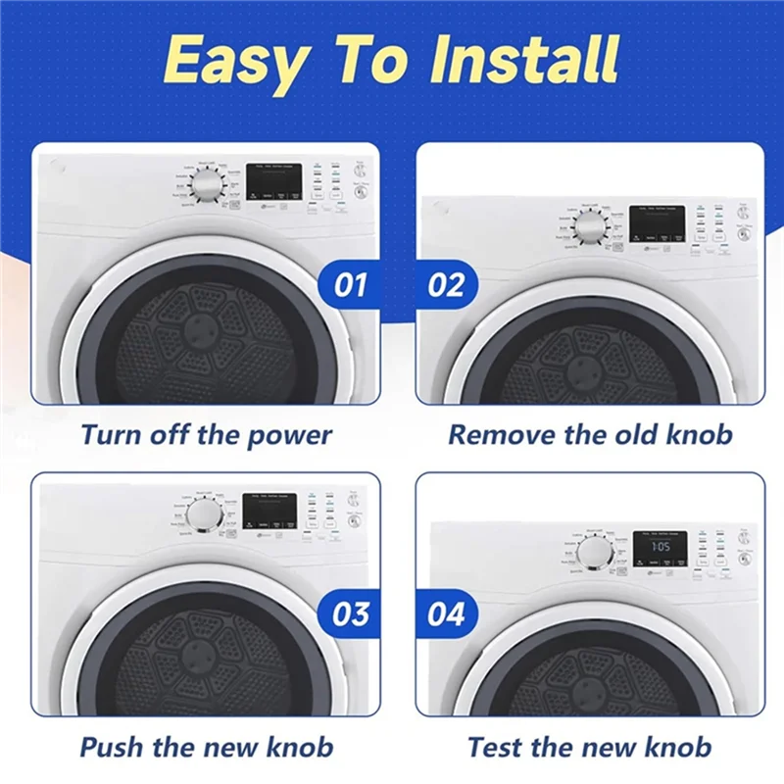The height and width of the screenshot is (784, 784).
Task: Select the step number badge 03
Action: click(x=350, y=614)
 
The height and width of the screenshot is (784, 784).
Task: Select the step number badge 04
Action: click(x=446, y=614)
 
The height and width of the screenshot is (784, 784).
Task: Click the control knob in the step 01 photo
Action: click(x=206, y=186)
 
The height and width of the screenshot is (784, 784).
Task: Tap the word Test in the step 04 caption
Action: click(x=496, y=747)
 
